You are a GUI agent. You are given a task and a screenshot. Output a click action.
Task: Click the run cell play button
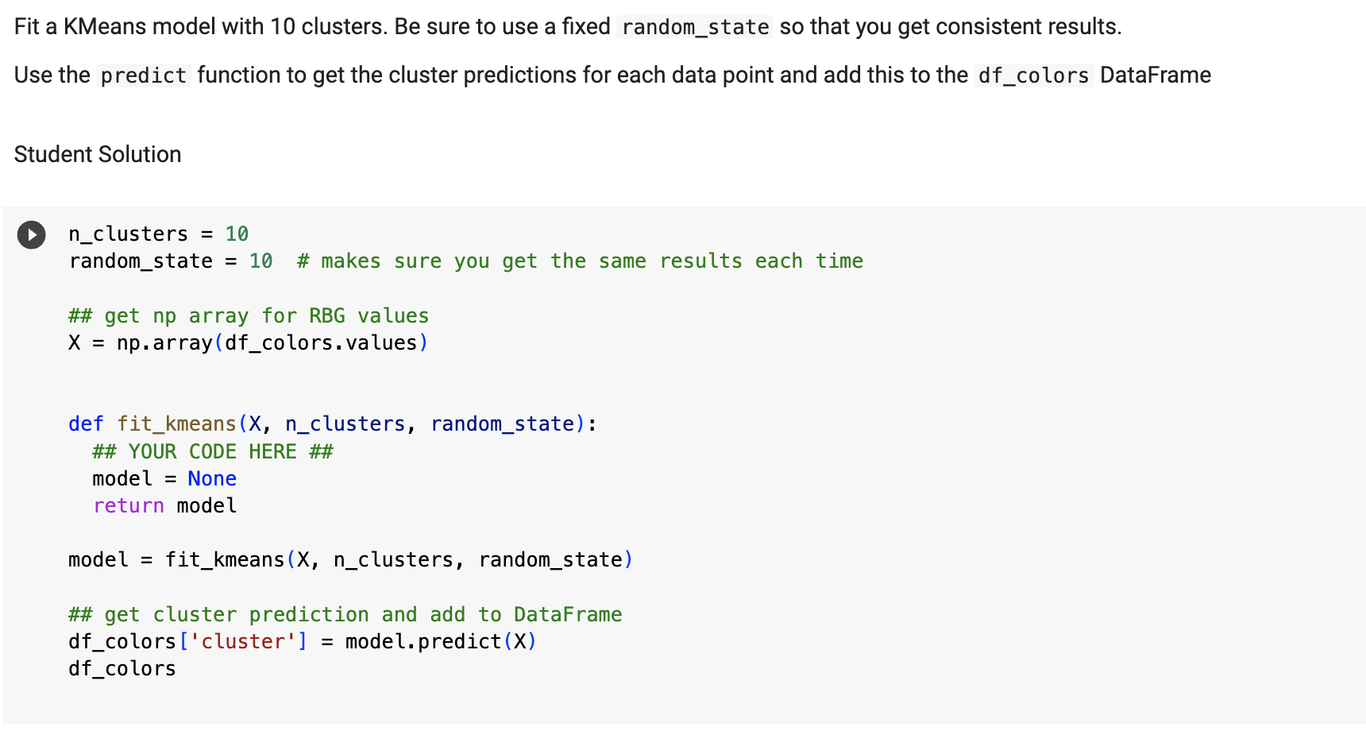(x=32, y=235)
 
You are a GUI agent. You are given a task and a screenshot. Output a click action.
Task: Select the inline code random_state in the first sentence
(x=695, y=28)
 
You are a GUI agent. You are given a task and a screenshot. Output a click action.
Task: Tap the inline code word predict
(x=144, y=75)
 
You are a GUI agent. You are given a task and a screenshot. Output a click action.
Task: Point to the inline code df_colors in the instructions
(x=1033, y=75)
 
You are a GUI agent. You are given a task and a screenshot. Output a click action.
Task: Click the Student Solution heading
(x=98, y=154)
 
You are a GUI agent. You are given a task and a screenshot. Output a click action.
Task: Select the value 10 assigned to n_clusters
(x=237, y=234)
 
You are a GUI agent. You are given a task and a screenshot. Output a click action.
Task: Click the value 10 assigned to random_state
(x=260, y=261)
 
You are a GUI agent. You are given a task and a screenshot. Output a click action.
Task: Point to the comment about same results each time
(x=580, y=261)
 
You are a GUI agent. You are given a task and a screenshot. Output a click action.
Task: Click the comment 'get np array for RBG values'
(x=249, y=316)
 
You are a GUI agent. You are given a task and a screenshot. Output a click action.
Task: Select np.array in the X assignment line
(x=164, y=343)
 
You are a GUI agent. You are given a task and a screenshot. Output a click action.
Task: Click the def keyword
(x=86, y=424)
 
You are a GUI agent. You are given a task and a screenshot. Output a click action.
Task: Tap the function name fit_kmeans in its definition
(x=176, y=424)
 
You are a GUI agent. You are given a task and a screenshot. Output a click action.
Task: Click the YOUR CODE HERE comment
(x=213, y=452)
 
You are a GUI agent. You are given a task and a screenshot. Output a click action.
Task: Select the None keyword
(x=212, y=479)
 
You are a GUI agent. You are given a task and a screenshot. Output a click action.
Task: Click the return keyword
(x=129, y=506)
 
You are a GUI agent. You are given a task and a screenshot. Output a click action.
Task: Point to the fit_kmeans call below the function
(x=225, y=560)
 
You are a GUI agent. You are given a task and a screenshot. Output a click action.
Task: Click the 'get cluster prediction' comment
(x=345, y=615)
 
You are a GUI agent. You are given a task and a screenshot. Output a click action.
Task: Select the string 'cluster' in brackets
(x=243, y=642)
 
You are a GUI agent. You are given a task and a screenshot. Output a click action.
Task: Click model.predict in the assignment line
(x=423, y=642)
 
